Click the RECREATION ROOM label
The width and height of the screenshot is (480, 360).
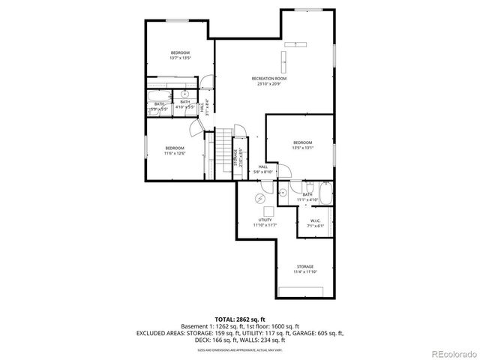coord(269,78)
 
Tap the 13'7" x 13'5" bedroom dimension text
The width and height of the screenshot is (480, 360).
coord(180,58)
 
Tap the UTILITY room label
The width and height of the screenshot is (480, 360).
coord(264,221)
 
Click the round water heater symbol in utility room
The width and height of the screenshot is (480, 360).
coord(259,198)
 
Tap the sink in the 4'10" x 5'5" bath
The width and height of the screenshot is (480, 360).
coord(184,94)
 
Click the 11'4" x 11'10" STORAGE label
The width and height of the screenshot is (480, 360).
coord(304,269)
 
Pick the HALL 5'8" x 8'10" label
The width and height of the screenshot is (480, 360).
coord(263,169)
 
